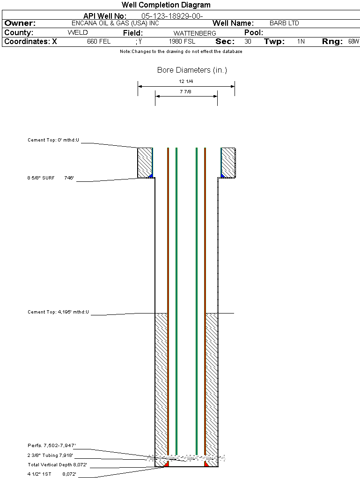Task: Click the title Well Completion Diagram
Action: click(166, 5)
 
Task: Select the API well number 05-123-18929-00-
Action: click(172, 16)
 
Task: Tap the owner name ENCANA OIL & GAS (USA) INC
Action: click(115, 23)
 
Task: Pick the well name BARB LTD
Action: click(284, 23)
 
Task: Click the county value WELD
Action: click(78, 33)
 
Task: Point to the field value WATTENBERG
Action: click(195, 33)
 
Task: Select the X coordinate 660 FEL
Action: click(99, 41)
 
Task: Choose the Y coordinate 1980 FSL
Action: click(182, 41)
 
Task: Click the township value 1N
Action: click(301, 41)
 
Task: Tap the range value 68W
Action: click(353, 41)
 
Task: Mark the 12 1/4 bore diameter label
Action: click(186, 82)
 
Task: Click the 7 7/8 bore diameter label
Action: click(185, 91)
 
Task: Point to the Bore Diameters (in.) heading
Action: click(192, 70)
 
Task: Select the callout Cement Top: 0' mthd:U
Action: click(53, 140)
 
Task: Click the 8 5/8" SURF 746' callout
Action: click(51, 178)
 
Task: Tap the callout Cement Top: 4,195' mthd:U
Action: click(58, 312)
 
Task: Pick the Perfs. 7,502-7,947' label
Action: click(51, 445)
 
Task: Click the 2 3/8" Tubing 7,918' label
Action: click(50, 455)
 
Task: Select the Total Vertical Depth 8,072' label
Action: click(57, 464)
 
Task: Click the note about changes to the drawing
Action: click(181, 52)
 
